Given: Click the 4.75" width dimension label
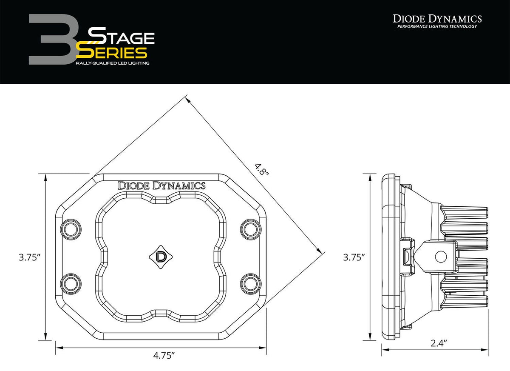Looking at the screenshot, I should click(163, 356).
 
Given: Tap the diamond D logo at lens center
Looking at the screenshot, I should click(161, 257).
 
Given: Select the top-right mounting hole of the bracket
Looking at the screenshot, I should click(249, 229).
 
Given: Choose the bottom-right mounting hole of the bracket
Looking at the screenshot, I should click(249, 283).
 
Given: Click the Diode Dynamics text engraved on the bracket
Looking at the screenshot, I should click(161, 185).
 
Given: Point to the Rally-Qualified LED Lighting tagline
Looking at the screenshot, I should click(112, 63).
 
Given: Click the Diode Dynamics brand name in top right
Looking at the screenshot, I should click(437, 18).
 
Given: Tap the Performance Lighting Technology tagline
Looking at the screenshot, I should click(437, 27).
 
